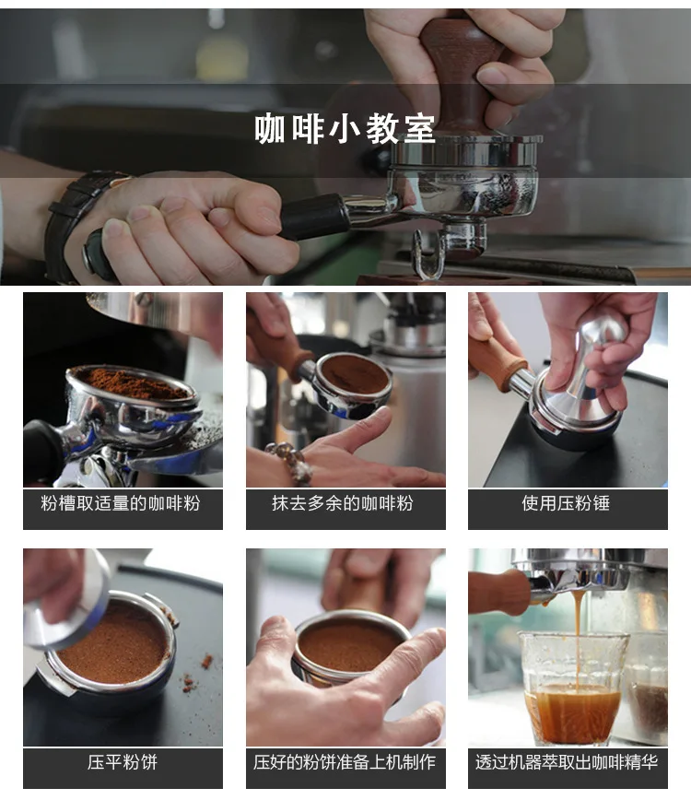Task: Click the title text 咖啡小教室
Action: pyautogui.click(x=345, y=129)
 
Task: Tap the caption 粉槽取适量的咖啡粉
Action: pyautogui.click(x=121, y=503)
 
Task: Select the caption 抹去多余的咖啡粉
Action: pyautogui.click(x=342, y=503)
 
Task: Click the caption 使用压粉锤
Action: pyautogui.click(x=566, y=503)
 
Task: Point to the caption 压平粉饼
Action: pyautogui.click(x=123, y=762)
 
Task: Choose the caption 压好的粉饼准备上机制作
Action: pyautogui.click(x=345, y=762)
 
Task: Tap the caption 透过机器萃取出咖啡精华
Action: pyautogui.click(x=567, y=762)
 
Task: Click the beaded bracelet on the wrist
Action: pyautogui.click(x=292, y=461)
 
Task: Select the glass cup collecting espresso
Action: pyautogui.click(x=572, y=688)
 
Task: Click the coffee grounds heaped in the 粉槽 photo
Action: pyautogui.click(x=133, y=382)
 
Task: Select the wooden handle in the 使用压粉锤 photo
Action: pyautogui.click(x=498, y=363)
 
